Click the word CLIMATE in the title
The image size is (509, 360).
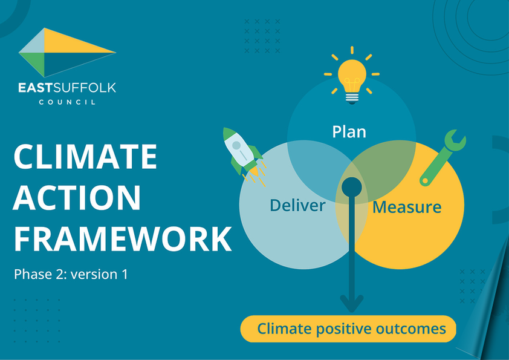pos(85,157)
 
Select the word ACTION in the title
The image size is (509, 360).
pos(77,198)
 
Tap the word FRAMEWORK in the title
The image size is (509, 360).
pos(123,239)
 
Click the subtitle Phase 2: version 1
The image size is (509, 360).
pos(71,274)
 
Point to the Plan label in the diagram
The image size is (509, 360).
pos(349,132)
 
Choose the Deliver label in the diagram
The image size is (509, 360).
pos(297,205)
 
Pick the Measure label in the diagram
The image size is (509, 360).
pos(407,207)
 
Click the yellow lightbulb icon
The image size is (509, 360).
pos(352,76)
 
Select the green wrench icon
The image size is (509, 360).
pos(443,157)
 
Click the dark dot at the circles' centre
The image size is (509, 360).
pos(352,187)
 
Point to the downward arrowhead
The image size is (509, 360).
pos(352,304)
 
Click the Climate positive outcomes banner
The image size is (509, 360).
pos(348,329)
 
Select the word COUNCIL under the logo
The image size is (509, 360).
pos(67,102)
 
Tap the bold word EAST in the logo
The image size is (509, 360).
pos(35,88)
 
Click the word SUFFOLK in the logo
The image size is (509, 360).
pos(85,88)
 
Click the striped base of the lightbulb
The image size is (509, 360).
pos(352,98)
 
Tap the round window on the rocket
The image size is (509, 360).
pos(236,145)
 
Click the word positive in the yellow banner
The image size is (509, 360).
pos(343,329)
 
